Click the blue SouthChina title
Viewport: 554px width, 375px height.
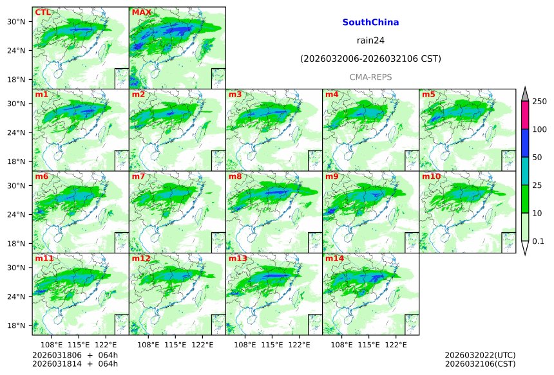coord(370,23)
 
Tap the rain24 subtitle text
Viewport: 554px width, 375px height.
coord(370,41)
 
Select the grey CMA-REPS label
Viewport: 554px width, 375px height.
coord(370,77)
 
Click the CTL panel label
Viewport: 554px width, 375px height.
coord(43,12)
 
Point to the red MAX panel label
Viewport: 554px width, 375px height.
coord(141,12)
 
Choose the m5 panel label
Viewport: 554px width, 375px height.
coord(428,95)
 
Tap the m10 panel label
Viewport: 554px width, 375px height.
coord(432,176)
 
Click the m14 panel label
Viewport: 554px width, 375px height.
coord(334,259)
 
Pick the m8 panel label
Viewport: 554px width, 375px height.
coord(235,176)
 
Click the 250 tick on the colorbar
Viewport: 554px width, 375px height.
coord(539,101)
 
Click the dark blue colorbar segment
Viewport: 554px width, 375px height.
coord(525,143)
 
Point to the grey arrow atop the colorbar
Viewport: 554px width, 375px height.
coord(525,94)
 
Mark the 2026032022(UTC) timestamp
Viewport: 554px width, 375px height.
coord(480,355)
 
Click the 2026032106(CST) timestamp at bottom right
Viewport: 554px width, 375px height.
coord(480,364)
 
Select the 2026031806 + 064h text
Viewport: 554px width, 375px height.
coord(75,355)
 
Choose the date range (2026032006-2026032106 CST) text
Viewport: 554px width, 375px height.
coord(370,59)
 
